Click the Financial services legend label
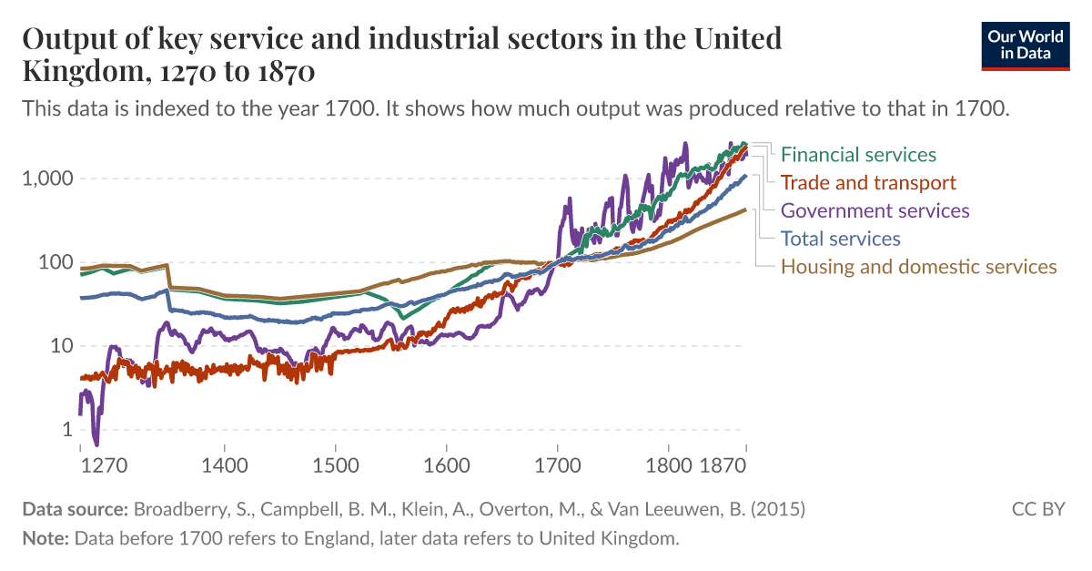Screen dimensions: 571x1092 pos(858,155)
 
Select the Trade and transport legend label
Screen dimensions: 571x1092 pos(868,183)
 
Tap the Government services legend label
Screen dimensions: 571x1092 pos(875,211)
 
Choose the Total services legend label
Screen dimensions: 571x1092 pos(841,239)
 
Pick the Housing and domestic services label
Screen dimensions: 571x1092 pos(919,267)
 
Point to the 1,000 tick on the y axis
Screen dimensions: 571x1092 pos(45,178)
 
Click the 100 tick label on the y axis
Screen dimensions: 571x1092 pos(54,262)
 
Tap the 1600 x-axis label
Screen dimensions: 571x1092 pos(446,464)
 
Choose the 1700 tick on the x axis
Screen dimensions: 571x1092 pos(557,464)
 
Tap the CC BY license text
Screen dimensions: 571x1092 pos(1038,509)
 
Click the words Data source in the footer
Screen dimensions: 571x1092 pos(76,509)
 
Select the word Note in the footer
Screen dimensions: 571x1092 pos(45,538)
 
